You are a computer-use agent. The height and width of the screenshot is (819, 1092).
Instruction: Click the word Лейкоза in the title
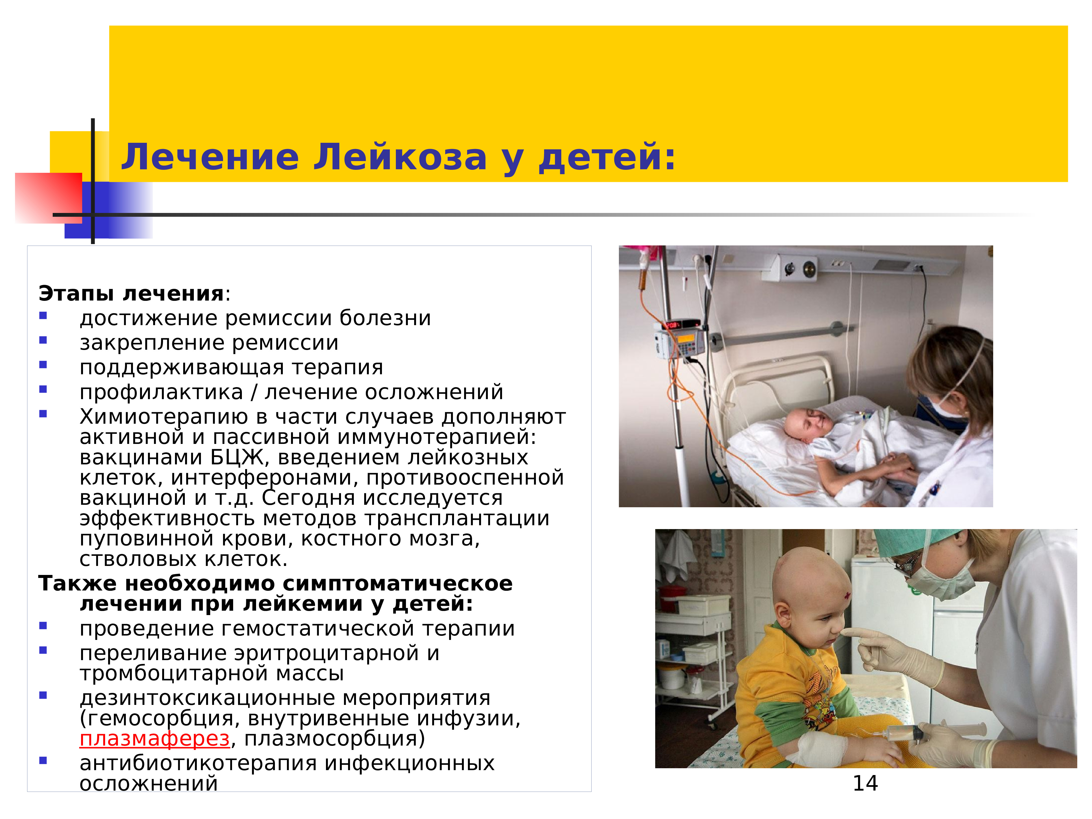[400, 157]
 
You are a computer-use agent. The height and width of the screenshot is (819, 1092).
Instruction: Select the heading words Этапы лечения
[131, 294]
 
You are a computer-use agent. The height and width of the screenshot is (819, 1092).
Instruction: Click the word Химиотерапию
[164, 417]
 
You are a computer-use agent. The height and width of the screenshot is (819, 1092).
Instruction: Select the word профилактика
[161, 393]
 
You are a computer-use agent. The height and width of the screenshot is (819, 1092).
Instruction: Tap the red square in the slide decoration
[48, 197]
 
